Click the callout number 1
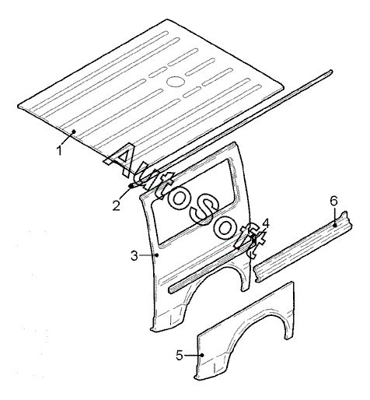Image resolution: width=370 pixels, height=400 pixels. point(60,150)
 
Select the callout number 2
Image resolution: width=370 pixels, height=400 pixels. point(117,205)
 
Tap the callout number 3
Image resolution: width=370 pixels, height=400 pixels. point(134,256)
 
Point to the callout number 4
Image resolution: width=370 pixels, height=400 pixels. point(266,223)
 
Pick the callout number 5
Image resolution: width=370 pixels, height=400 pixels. point(180,355)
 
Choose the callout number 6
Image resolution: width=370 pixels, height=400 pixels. point(334,201)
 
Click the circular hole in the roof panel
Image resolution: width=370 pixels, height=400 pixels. point(176,81)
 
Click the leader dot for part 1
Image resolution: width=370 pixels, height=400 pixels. point(74,132)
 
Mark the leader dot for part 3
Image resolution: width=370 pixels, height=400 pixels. point(157,255)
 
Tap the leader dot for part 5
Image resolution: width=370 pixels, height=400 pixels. point(203,355)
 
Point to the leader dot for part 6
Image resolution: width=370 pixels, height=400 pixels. point(334,226)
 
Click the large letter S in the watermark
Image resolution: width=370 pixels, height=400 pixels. point(204,209)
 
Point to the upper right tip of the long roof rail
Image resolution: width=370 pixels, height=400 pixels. point(331,71)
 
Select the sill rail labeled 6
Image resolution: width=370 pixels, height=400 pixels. point(302,247)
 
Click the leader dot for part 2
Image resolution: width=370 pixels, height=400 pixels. point(131,186)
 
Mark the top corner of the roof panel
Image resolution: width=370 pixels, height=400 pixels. point(167,19)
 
